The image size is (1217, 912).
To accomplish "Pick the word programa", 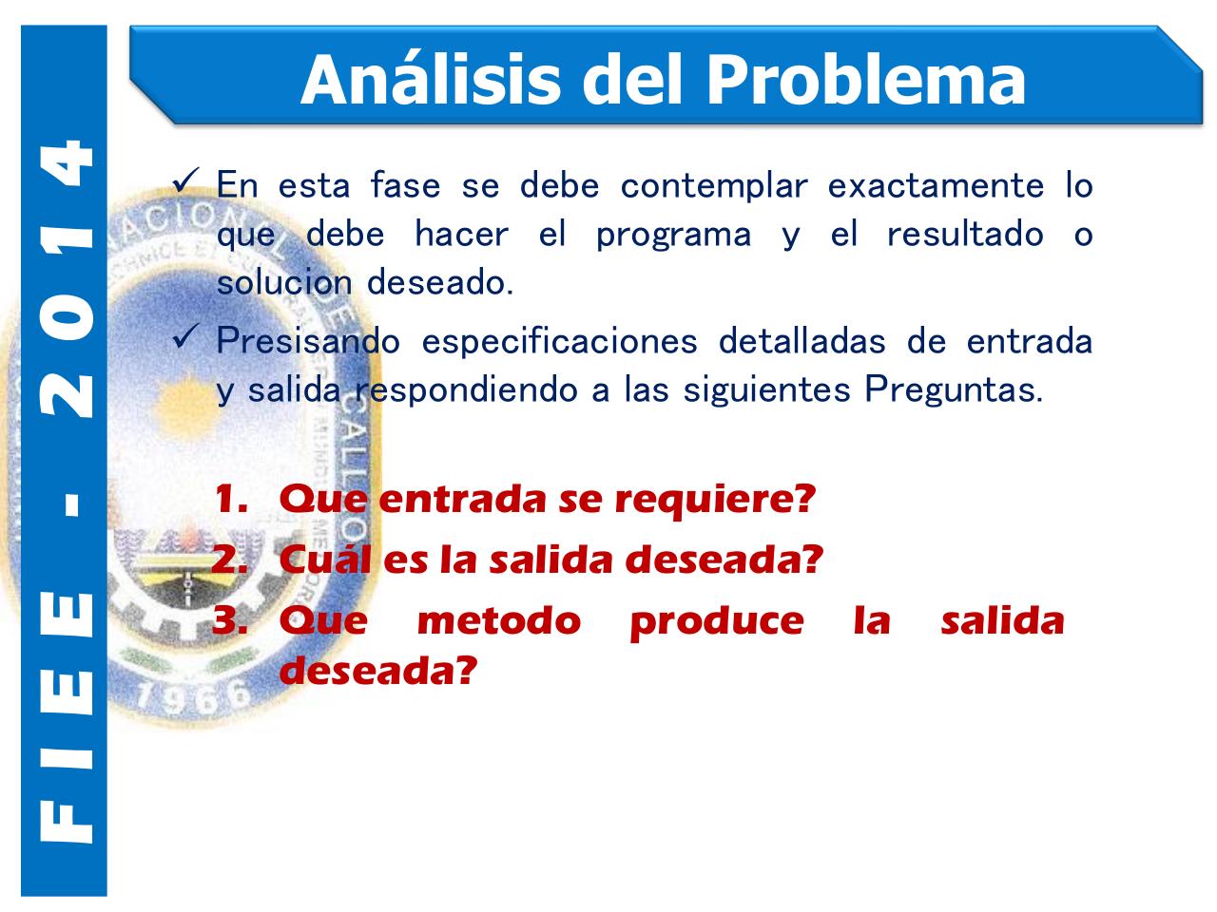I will [673, 235].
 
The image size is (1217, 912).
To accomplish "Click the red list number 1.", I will [231, 499].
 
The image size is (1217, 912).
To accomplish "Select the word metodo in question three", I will [498, 620].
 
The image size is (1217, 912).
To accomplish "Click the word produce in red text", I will [716, 620].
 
